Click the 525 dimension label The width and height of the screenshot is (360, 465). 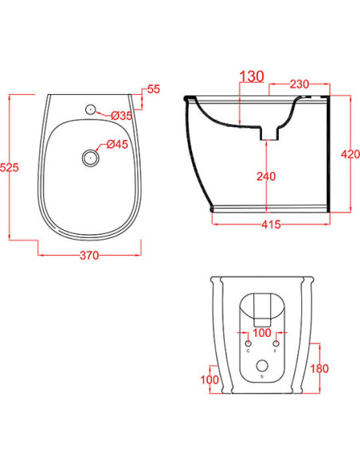10,167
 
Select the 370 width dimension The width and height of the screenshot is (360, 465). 89,256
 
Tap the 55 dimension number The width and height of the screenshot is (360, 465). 154,89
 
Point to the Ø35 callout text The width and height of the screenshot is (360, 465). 122,115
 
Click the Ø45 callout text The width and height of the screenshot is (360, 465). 117,144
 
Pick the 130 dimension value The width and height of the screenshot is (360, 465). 252,76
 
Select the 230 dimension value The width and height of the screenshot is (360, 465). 299,84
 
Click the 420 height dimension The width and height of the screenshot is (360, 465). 350,154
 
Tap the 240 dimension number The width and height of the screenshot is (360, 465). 266,177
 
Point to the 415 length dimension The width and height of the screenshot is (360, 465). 271,225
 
